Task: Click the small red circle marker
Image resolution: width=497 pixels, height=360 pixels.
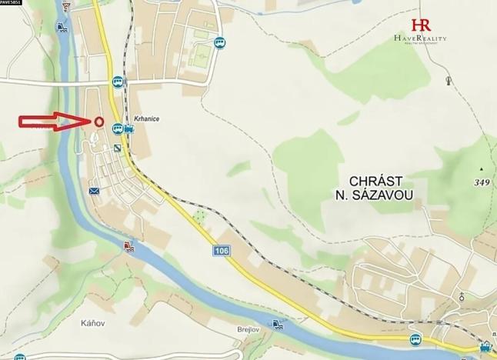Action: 99,122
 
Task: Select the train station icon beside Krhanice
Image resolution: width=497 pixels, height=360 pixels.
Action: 128,129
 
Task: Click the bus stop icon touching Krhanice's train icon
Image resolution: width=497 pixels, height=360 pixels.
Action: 118,128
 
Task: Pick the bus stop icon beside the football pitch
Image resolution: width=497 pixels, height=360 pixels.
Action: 221,44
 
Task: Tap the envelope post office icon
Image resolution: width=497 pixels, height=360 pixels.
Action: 94,190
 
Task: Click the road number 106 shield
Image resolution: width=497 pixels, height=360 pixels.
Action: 222,251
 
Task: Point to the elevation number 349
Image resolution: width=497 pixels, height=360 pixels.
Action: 482,182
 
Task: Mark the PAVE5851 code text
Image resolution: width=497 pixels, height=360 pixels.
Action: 12,3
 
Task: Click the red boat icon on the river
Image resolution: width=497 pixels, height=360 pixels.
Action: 128,247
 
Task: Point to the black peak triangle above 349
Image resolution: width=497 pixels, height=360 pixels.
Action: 482,168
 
